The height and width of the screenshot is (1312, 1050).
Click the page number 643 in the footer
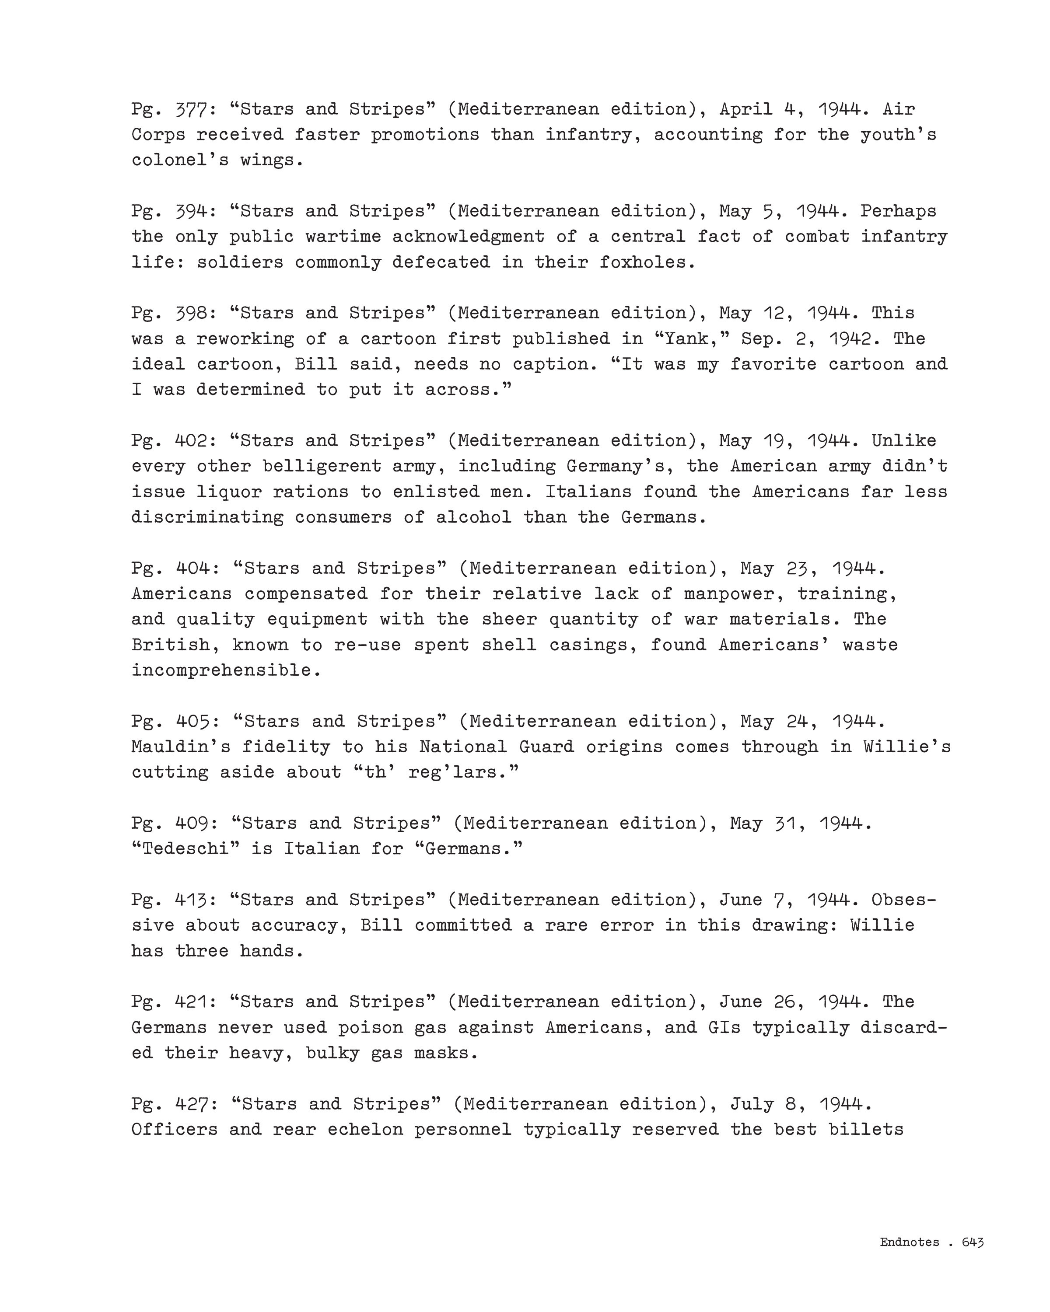tap(972, 1242)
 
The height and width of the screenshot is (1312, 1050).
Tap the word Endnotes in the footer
tap(910, 1242)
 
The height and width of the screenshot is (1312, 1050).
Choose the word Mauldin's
tap(180, 747)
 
